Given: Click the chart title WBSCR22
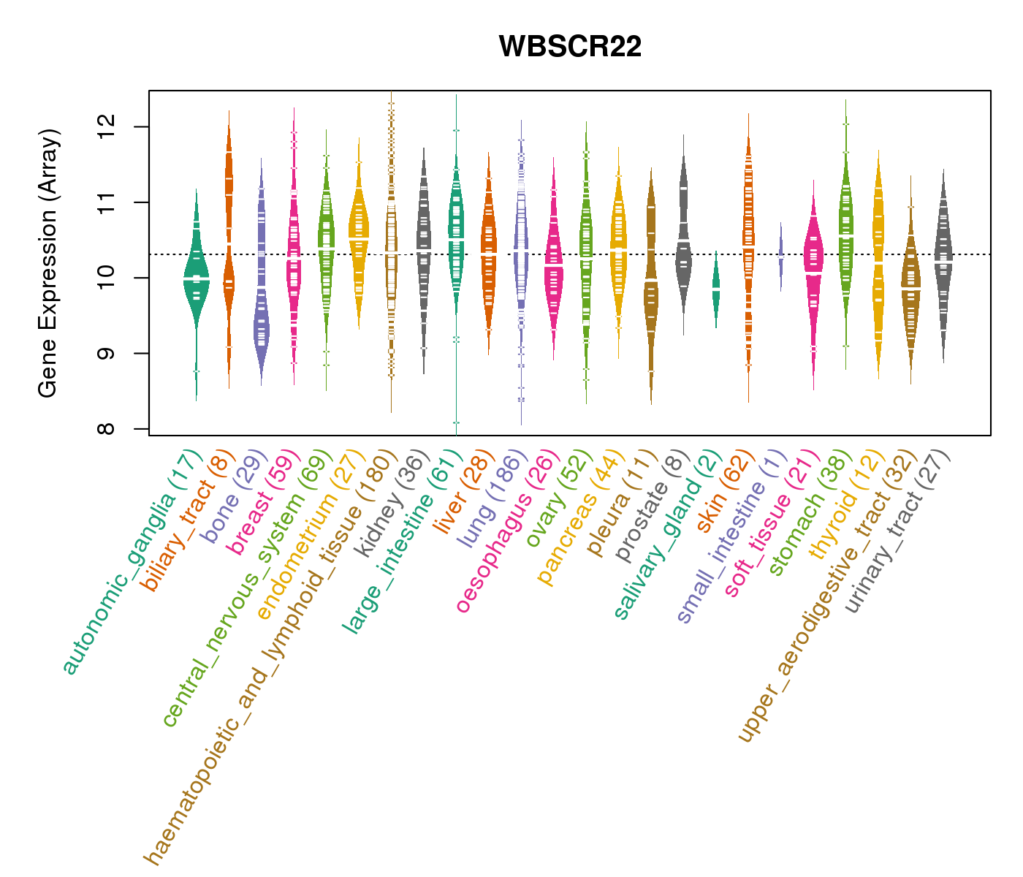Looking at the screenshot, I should pyautogui.click(x=570, y=47).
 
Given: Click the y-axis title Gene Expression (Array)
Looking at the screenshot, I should pyautogui.click(x=48, y=263).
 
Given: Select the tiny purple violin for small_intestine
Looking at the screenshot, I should pyautogui.click(x=780, y=256).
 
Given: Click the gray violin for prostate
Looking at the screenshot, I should pyautogui.click(x=683, y=241).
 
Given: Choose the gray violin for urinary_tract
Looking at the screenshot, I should pyautogui.click(x=943, y=256).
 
